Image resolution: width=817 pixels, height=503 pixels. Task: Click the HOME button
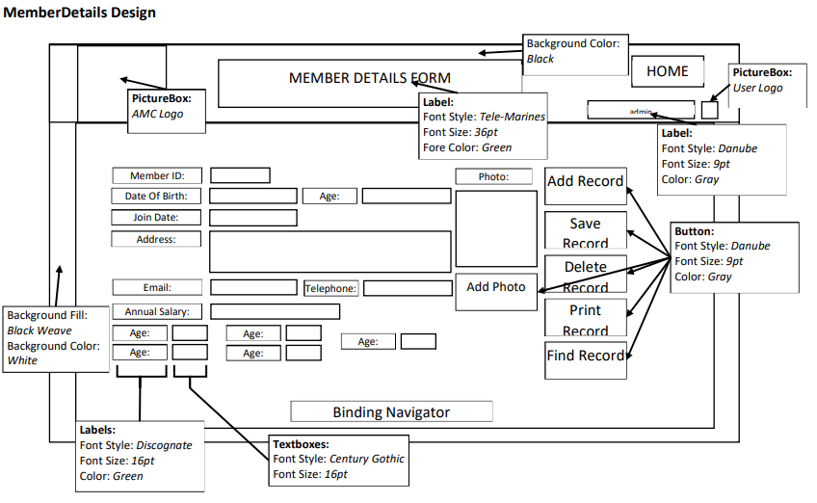pos(667,71)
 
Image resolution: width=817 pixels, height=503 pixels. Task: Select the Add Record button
pos(585,182)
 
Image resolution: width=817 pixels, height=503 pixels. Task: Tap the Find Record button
pos(585,357)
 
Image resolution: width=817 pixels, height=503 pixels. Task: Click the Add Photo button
pos(496,287)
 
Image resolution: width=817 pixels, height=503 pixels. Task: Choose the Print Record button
pos(585,318)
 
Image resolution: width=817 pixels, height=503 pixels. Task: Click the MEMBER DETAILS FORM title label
pos(370,78)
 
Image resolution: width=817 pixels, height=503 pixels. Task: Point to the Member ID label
pos(157,175)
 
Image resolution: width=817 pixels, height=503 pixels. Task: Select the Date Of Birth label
pos(156,196)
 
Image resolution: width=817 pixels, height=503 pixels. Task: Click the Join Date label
pos(156,218)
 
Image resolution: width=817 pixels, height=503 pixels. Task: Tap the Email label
pos(157,287)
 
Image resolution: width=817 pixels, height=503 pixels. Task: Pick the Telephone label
pos(331,288)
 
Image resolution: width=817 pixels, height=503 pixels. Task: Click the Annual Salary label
pos(157,311)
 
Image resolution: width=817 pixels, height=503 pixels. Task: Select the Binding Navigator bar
pos(391,412)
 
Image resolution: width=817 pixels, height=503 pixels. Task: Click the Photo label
pos(494,176)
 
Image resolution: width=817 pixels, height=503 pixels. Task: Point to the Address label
pos(156,239)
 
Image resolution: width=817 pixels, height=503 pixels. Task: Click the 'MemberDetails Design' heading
pos(80,13)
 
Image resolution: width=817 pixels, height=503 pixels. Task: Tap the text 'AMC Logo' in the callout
pos(157,114)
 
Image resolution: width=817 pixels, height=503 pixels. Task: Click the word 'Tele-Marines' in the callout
pos(513,117)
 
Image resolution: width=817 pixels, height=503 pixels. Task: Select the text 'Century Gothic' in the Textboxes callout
pos(367,459)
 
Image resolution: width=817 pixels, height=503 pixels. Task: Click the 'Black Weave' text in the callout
pos(40,331)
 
